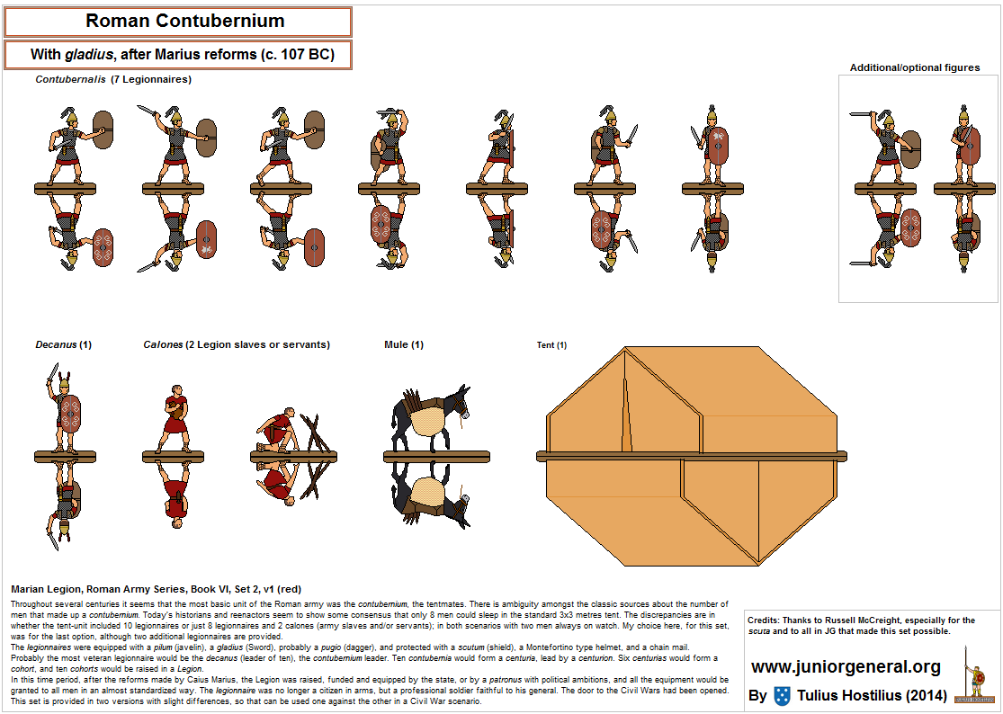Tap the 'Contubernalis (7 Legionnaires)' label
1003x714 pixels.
coord(113,79)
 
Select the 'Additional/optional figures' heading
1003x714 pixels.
coord(915,67)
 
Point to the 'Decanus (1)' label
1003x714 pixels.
coord(63,344)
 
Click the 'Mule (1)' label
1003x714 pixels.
coord(403,344)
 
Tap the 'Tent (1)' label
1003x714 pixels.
coord(551,345)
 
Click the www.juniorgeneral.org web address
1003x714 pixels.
coord(846,667)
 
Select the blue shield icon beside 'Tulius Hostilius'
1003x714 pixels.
coord(782,695)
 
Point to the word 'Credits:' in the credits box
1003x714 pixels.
coord(765,620)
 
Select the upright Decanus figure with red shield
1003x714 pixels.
coord(65,410)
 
